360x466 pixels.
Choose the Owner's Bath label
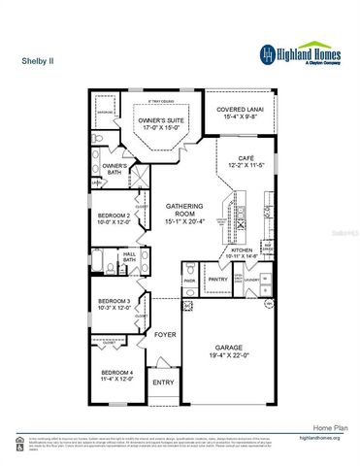pos(114,170)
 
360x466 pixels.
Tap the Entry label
pos(163,382)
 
